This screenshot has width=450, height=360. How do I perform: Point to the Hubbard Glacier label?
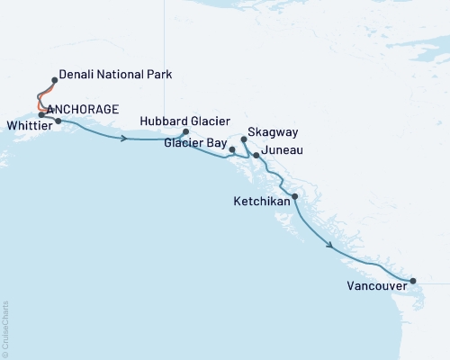click(185, 121)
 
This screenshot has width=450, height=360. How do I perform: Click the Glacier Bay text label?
click(193, 141)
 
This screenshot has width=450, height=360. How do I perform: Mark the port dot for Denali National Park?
click(55, 80)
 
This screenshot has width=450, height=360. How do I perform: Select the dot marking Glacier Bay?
click(232, 149)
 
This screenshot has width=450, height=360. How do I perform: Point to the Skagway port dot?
click(244, 139)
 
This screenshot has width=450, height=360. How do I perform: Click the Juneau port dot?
click(256, 156)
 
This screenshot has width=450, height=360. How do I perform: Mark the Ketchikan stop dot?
click(295, 196)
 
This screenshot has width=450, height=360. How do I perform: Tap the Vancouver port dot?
click(412, 282)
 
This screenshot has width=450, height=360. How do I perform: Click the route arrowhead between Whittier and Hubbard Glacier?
click(123, 138)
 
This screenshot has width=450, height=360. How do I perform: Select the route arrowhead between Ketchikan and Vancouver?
click(331, 245)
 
